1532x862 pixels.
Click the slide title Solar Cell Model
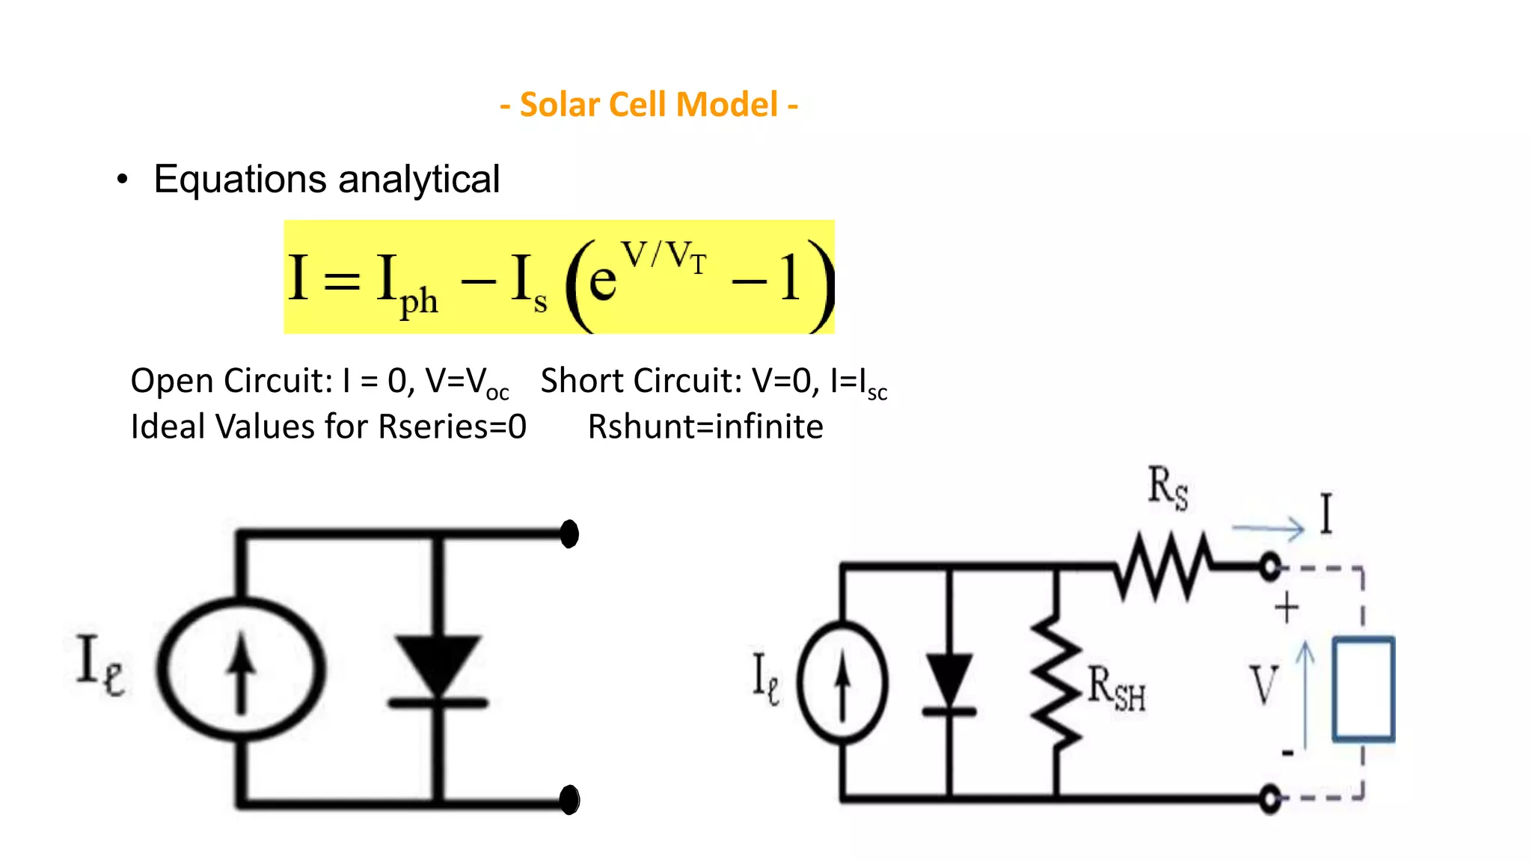649,105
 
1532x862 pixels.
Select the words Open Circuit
230,381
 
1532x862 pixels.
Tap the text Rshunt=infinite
705,427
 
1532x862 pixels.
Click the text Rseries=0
452,427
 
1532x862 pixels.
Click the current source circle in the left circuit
241,669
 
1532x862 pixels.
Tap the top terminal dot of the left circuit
569,534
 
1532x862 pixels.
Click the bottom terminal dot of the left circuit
569,800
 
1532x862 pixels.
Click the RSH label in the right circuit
1115,688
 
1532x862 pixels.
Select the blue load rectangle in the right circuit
1364,689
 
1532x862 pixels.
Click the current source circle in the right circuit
842,683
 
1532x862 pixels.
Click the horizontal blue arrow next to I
1268,529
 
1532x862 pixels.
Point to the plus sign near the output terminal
1287,608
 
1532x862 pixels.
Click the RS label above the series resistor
1167,487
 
